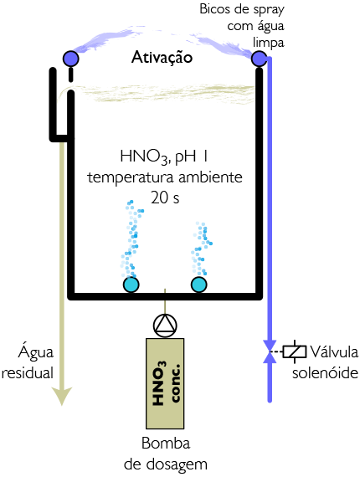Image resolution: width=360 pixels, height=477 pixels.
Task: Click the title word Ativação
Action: click(162, 58)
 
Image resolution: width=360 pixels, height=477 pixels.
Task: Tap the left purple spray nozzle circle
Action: click(70, 59)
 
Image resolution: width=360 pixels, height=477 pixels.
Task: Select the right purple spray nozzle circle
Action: click(260, 58)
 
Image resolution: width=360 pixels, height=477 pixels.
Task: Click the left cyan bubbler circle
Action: click(131, 285)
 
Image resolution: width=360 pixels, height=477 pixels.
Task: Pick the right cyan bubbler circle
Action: click(199, 285)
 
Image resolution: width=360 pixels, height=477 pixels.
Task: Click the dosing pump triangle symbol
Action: click(165, 326)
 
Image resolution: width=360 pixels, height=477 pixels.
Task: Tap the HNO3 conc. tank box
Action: click(165, 383)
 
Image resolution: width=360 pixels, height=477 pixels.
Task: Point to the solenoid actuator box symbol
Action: click(294, 351)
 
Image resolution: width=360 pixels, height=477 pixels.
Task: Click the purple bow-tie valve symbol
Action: click(270, 351)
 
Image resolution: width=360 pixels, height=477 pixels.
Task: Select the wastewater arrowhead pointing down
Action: click(62, 396)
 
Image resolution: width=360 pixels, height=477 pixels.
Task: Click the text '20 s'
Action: click(165, 197)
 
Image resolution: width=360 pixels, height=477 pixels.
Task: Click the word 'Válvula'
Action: click(334, 352)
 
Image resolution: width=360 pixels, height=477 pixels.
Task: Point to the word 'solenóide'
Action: click(325, 372)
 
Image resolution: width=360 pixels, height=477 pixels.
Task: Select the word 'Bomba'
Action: click(166, 444)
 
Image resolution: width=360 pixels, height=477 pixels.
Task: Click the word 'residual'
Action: click(28, 372)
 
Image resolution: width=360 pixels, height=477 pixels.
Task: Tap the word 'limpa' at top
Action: click(269, 43)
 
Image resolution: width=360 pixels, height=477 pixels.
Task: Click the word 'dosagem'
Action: click(177, 464)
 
